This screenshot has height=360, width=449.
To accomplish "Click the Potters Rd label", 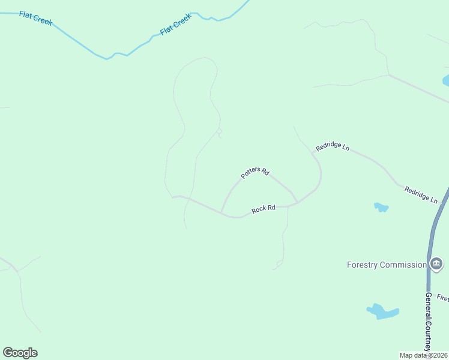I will click(255, 173).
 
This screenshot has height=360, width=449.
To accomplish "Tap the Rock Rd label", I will click(264, 209).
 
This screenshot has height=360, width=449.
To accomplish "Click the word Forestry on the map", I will click(363, 265).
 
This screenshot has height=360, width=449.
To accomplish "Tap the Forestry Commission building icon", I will click(436, 264).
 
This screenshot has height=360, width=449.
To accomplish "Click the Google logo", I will click(20, 353).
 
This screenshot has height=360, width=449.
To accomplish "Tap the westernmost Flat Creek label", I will click(36, 19).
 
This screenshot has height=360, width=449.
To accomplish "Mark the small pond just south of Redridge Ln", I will click(381, 208).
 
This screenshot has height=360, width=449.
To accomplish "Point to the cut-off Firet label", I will click(442, 298).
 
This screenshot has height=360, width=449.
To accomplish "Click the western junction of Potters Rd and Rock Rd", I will click(222, 212).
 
